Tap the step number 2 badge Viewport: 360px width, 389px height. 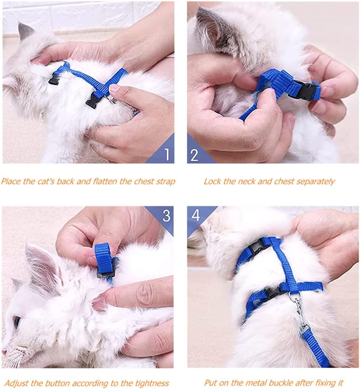194,154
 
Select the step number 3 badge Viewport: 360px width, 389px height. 166,215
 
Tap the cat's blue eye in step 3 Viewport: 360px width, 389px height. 16,321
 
